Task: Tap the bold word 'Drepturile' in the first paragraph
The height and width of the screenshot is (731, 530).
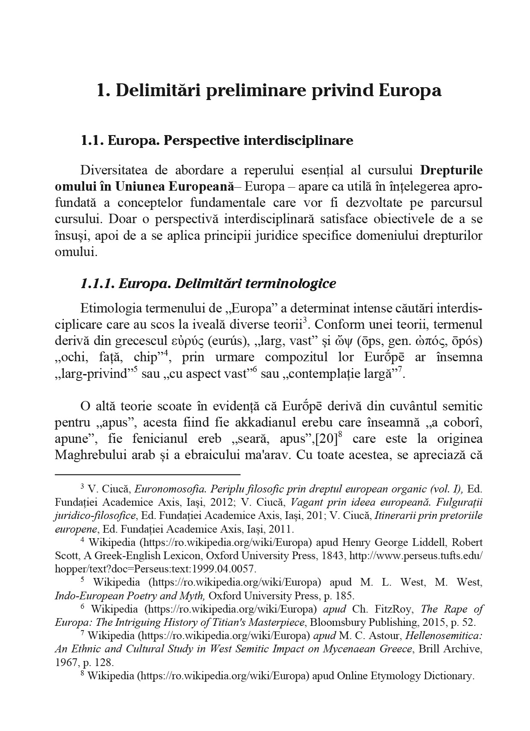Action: click(451, 170)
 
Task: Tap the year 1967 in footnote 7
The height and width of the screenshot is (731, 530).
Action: click(65, 663)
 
